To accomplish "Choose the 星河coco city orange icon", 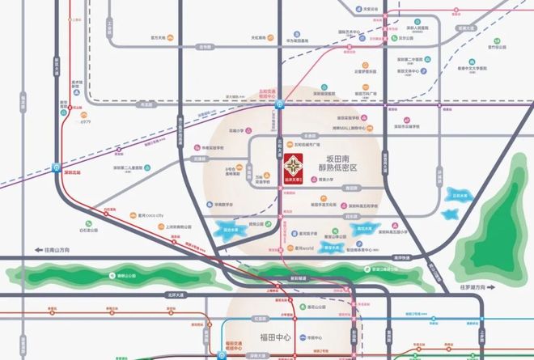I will pos(133,215).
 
